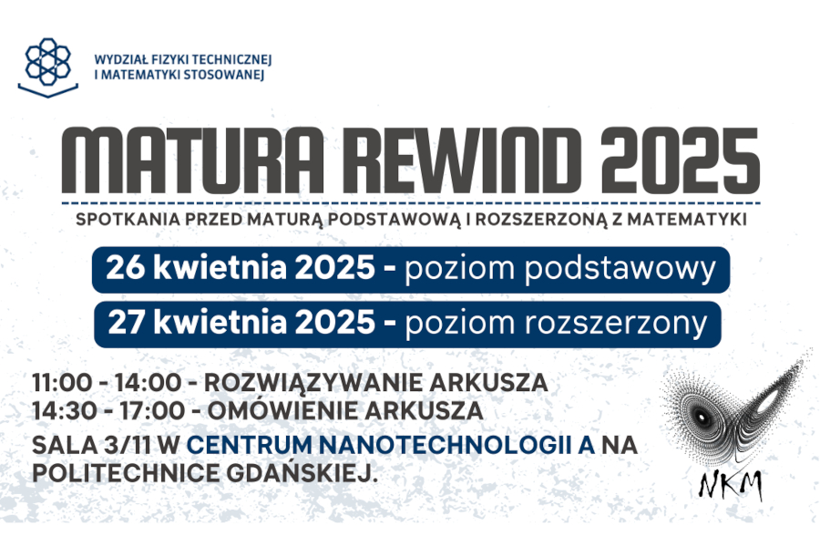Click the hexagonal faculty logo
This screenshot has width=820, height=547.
(48, 67)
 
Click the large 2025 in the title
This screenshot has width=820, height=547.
(680, 160)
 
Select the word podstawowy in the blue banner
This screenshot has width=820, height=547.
(620, 270)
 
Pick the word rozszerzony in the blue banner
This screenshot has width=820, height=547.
(616, 324)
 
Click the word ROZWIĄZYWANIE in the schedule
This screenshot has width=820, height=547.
(313, 382)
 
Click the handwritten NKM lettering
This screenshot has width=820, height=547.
(730, 485)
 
